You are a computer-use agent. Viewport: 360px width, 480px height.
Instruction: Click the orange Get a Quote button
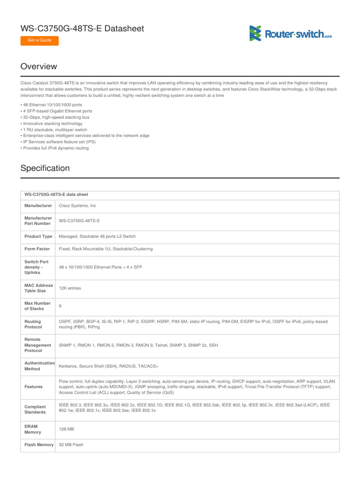39,40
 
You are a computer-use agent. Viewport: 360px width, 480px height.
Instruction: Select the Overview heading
39,67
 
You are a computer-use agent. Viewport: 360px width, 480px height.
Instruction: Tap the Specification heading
45,168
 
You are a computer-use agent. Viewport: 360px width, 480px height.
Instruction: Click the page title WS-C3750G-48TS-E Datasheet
82,29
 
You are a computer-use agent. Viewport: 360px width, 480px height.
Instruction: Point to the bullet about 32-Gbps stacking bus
55,117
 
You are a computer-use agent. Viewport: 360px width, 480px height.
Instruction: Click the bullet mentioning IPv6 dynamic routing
55,148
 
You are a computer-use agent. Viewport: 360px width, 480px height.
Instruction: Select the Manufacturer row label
38,206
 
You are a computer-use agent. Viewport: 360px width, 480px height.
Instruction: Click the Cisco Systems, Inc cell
77,206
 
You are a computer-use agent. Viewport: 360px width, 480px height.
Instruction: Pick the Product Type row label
38,236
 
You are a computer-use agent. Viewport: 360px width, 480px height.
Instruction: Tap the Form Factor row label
37,249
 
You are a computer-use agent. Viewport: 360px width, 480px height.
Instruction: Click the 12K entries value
70,288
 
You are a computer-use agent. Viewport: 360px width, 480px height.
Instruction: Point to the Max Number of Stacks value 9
60,306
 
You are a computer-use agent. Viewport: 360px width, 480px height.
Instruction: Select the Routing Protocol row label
33,324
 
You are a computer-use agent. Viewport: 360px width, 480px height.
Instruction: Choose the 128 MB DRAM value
67,429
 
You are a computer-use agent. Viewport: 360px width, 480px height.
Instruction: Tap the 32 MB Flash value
71,445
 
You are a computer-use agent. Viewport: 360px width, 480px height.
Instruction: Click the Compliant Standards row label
35,410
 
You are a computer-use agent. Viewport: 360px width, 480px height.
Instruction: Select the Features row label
34,387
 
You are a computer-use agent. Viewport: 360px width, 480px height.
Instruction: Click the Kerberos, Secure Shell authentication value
108,366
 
